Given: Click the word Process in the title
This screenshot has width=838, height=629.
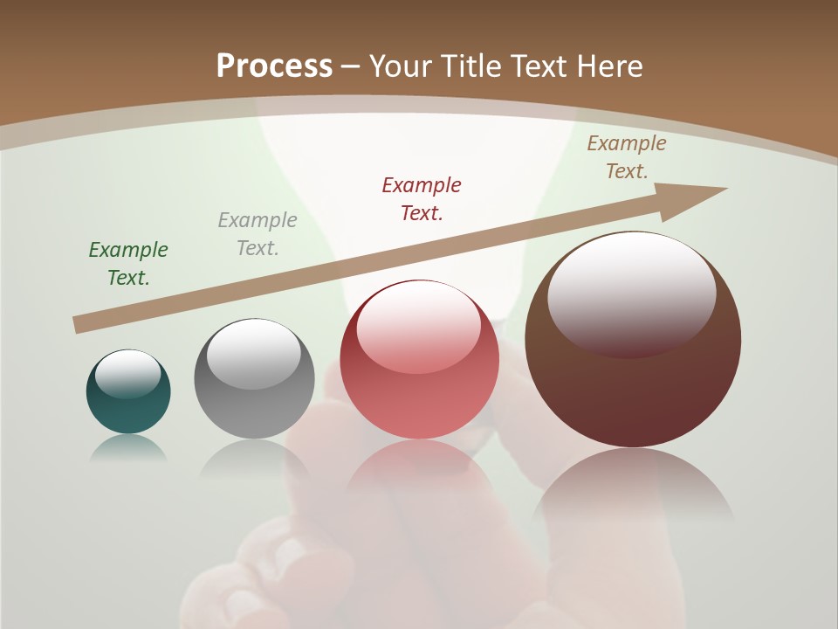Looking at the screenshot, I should click(274, 66).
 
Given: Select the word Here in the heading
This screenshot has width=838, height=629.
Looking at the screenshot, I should click(608, 66).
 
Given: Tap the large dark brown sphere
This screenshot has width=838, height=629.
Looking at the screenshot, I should click(633, 393).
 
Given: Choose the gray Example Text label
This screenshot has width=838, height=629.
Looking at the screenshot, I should click(258, 234).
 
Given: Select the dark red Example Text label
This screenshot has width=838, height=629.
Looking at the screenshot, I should click(422, 199).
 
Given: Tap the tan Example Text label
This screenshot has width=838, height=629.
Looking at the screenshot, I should click(627, 157).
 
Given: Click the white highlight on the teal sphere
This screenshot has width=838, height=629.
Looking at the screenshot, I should click(128, 374).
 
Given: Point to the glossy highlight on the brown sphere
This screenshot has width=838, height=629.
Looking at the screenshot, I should click(631, 293).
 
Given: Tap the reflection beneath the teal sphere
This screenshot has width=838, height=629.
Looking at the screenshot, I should click(128, 448).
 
